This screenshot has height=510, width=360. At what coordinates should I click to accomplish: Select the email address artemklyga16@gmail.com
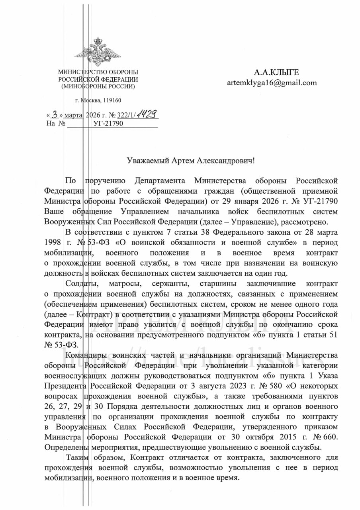pos(272,83)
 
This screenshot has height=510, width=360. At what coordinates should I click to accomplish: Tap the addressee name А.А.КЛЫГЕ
pos(276,73)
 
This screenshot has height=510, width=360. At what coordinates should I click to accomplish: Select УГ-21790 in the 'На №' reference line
pos(108,124)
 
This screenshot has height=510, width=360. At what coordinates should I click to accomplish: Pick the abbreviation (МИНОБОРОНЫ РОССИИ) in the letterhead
pos(98,86)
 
